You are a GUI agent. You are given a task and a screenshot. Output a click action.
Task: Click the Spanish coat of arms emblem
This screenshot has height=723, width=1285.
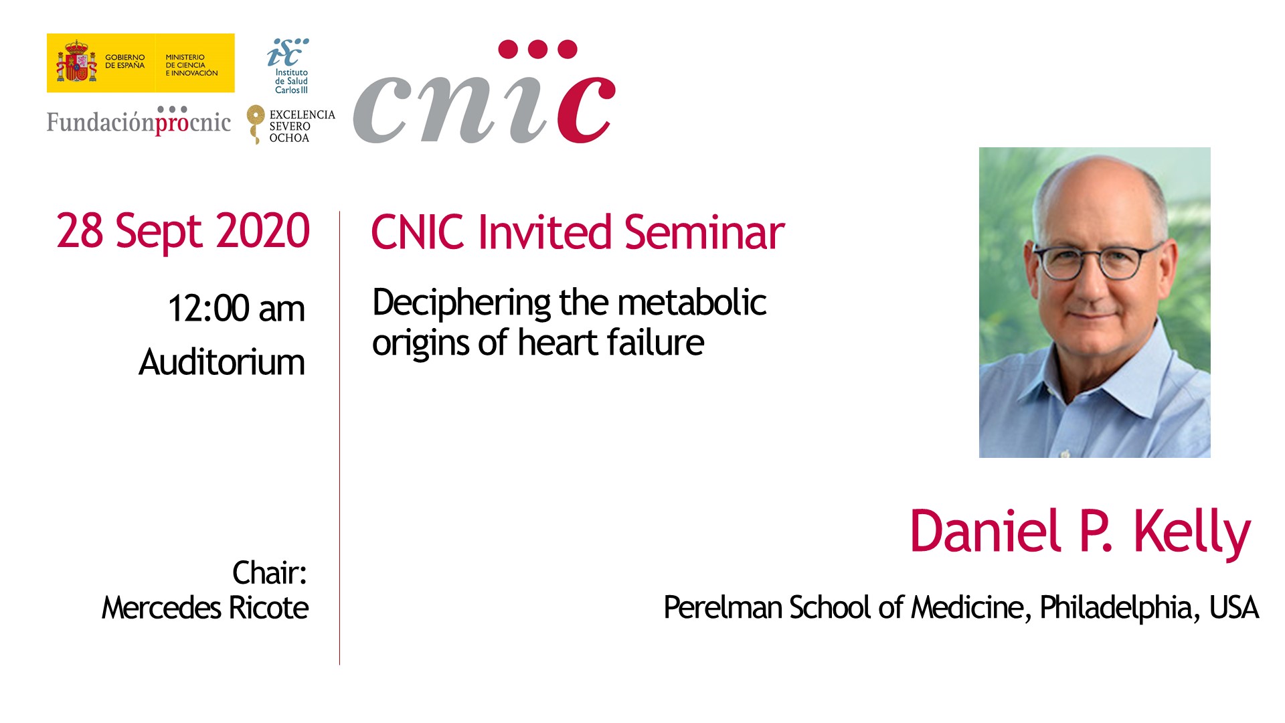coord(76,62)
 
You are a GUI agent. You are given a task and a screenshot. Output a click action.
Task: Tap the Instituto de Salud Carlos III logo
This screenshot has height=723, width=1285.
coord(289,66)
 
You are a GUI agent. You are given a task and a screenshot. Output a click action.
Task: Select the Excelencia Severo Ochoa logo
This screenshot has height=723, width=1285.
coord(290,125)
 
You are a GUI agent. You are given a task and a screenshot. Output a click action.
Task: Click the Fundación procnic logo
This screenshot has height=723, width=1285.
coord(139,121)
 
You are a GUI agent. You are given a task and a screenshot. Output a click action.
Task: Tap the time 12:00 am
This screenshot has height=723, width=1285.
coord(236,309)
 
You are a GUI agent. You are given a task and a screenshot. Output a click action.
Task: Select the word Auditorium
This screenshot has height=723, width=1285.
coord(222,362)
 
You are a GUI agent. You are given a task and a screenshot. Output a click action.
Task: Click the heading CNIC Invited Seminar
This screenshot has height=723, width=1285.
coord(578,232)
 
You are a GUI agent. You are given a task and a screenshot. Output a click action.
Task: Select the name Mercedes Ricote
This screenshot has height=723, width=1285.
coord(205,608)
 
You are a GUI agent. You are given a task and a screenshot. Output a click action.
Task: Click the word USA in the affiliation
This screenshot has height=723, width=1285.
coord(1234,608)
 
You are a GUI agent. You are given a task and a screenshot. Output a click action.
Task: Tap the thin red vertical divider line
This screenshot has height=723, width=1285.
coord(339,438)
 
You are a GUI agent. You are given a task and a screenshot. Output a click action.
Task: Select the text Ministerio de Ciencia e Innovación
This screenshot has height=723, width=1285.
coord(191,65)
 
